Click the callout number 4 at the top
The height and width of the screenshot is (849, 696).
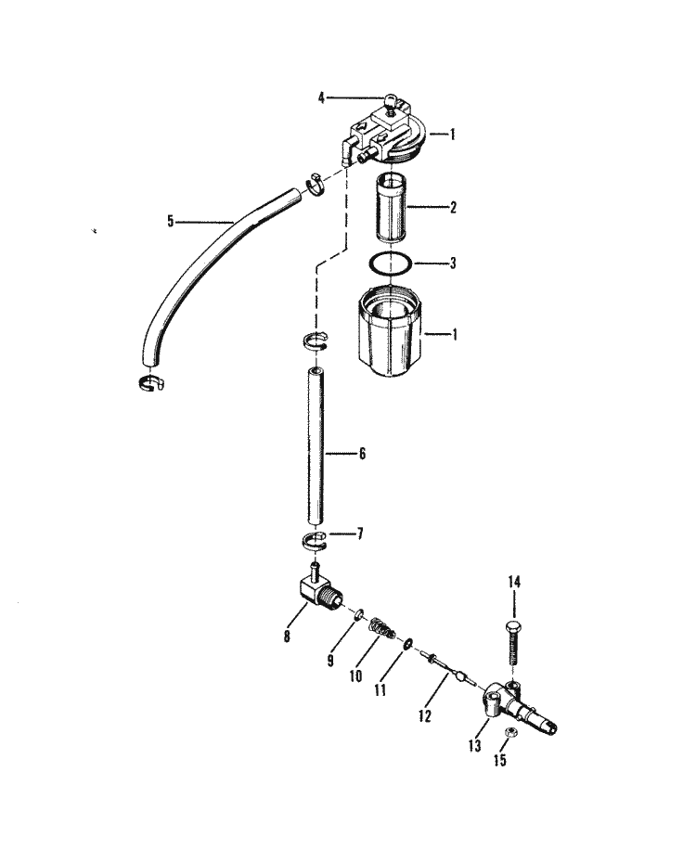pos(321,98)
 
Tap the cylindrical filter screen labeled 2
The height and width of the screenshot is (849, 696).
pos(390,207)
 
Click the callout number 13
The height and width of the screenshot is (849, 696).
pos(474,746)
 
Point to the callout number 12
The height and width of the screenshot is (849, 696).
pos(425,715)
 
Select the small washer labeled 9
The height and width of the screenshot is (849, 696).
pos(357,615)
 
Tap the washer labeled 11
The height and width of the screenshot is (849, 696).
pos(407,643)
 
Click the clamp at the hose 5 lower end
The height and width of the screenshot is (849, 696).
pos(149,383)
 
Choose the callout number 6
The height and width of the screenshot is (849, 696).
pos(362,453)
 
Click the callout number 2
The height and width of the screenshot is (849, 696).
pos(453,207)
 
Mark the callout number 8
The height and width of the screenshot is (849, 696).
pos(287,636)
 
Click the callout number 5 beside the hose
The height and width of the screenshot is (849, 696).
pos(171,221)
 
